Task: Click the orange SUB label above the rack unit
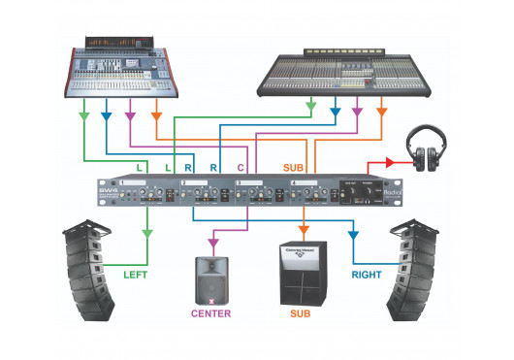[294, 168]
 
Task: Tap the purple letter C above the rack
[241, 168]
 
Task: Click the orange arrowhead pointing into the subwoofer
[304, 231]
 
